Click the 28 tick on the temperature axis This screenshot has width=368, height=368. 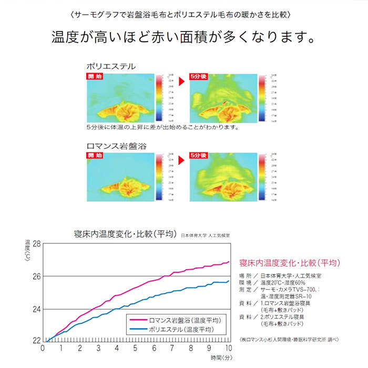pos(36,244)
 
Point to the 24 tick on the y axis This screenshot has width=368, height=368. pos(36,309)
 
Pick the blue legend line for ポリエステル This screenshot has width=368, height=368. pos(138,330)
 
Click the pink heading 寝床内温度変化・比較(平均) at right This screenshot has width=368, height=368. pos(289,262)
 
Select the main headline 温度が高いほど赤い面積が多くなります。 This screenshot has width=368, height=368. pos(183,38)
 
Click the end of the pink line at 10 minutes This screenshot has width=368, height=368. pos(229,262)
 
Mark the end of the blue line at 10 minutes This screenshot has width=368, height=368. pos(229,282)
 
